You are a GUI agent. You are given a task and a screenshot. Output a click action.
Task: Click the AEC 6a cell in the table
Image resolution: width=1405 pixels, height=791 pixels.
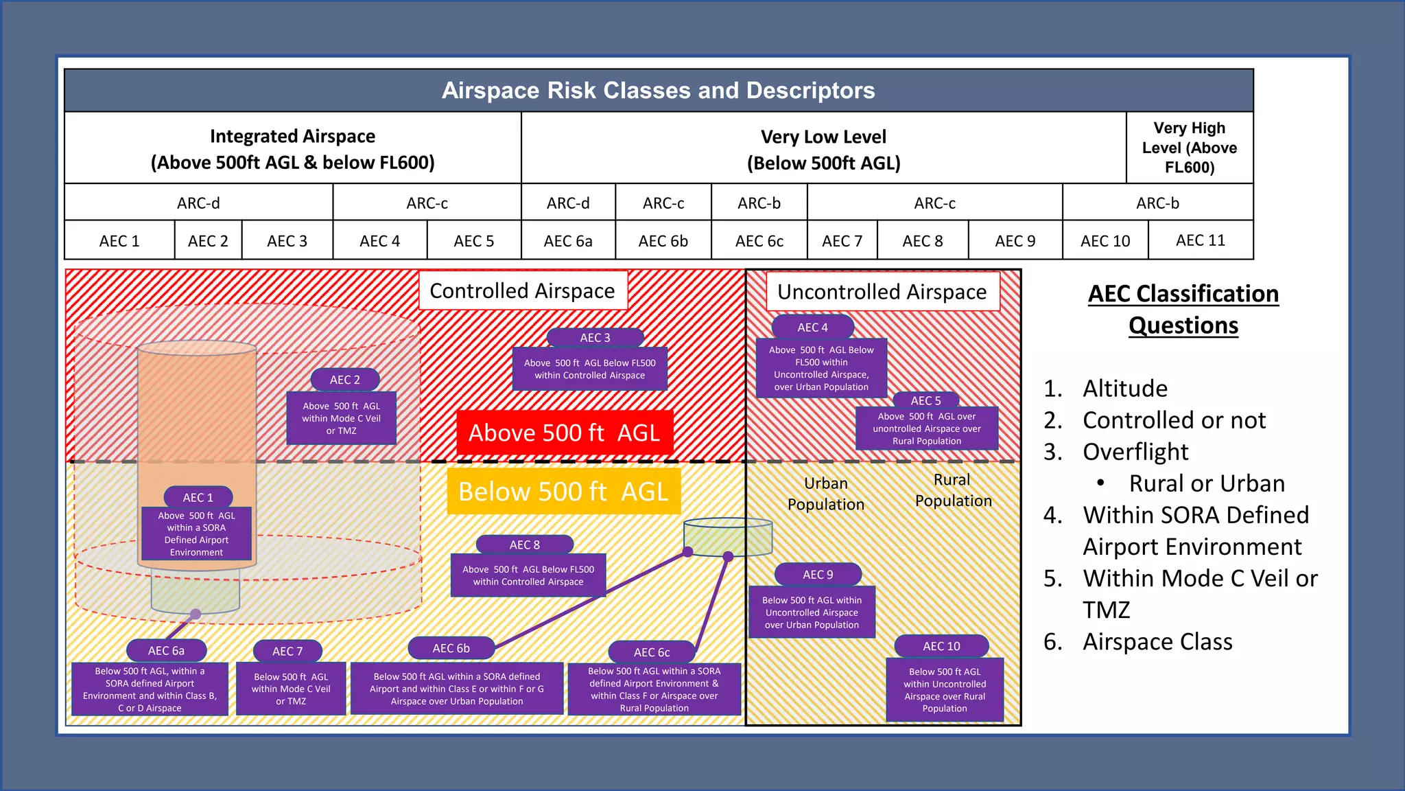(x=568, y=241)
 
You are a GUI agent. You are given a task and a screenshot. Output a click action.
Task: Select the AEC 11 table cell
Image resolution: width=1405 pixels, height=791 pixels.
(x=1200, y=240)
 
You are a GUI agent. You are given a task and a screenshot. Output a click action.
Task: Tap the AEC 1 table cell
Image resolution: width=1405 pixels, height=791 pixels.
(x=119, y=241)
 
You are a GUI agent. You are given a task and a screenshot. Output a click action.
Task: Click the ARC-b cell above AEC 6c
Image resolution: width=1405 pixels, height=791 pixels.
(x=759, y=203)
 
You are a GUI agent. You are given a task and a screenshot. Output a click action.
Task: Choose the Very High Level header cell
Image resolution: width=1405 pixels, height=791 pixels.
(x=1189, y=148)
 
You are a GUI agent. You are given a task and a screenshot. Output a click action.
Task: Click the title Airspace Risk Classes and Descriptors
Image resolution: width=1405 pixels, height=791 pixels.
(x=658, y=91)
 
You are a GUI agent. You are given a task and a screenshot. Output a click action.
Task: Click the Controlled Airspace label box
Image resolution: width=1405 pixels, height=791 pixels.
(x=523, y=291)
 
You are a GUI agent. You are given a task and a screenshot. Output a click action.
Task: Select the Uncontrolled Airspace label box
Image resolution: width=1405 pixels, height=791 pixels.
(x=882, y=293)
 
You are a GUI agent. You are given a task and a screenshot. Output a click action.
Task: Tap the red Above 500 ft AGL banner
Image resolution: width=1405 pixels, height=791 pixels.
(x=564, y=433)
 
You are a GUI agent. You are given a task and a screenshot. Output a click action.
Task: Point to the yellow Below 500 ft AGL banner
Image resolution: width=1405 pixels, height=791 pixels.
(x=563, y=492)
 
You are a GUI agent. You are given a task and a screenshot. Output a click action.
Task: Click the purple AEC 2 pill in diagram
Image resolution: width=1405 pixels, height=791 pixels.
(x=344, y=380)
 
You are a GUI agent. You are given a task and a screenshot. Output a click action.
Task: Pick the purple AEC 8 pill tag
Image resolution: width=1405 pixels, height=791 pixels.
(x=524, y=544)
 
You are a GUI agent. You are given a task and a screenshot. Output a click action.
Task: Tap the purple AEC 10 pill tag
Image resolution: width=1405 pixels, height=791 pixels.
(x=941, y=646)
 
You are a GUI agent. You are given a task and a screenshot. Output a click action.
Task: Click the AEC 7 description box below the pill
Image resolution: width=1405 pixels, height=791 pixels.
(x=291, y=689)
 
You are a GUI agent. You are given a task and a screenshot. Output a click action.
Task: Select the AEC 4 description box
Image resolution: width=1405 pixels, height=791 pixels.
(x=821, y=369)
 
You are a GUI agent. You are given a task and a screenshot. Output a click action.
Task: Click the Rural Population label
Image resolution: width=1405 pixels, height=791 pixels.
(x=953, y=490)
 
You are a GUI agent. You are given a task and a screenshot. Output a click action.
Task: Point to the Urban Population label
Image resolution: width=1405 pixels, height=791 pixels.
(x=826, y=494)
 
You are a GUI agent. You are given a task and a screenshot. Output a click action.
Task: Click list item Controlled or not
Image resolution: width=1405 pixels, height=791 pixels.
(x=1174, y=420)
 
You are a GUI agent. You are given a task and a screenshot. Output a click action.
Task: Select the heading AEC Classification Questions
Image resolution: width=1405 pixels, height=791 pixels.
(x=1183, y=310)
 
